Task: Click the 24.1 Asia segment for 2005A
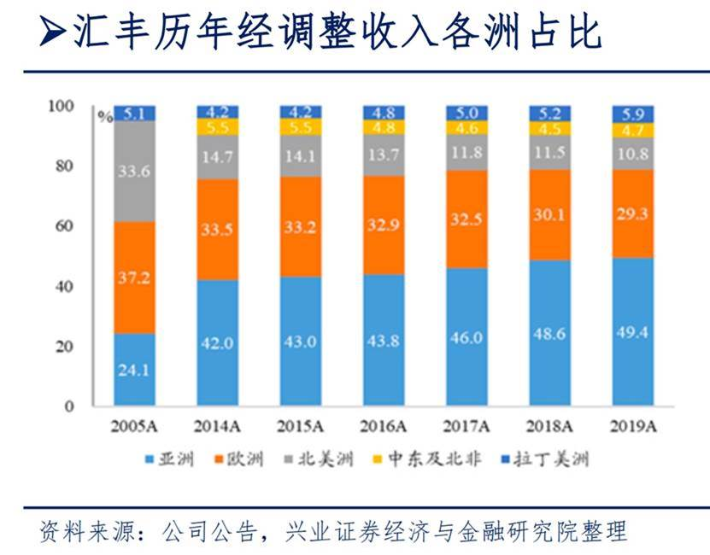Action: coord(134,370)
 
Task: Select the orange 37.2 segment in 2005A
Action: coord(134,277)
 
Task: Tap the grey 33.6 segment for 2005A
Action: coord(134,172)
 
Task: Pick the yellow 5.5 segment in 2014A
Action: coord(218,126)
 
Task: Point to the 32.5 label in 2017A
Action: coord(466,219)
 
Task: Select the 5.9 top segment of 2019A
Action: coord(633,113)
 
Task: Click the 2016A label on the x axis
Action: coord(383,427)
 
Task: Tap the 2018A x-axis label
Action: coord(550,427)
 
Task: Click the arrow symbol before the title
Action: coord(53,33)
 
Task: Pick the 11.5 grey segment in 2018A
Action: coord(550,152)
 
